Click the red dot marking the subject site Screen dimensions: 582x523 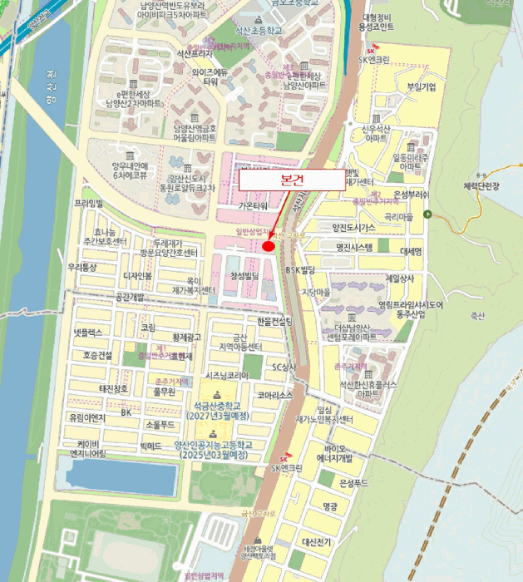[269, 245]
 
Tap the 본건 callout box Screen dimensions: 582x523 [292, 180]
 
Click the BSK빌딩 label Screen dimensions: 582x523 [301, 270]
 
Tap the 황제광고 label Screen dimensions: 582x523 [186, 337]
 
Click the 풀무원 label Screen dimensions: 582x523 [165, 391]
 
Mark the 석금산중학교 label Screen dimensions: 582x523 [223, 406]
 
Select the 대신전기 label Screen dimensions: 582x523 [317, 542]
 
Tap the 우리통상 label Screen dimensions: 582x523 [82, 267]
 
